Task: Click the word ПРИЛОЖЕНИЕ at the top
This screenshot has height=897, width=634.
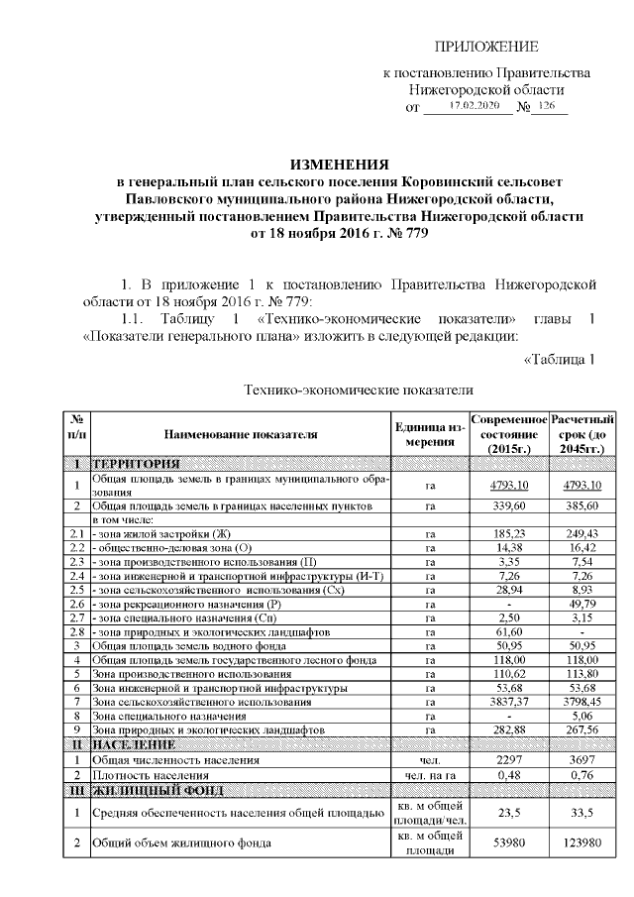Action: click(x=487, y=47)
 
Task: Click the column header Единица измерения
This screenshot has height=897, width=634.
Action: click(x=430, y=434)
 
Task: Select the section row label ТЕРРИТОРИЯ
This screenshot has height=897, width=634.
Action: click(x=136, y=463)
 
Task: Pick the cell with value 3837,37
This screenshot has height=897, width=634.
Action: click(x=508, y=701)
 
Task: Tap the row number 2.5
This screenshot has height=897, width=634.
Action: click(x=76, y=590)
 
